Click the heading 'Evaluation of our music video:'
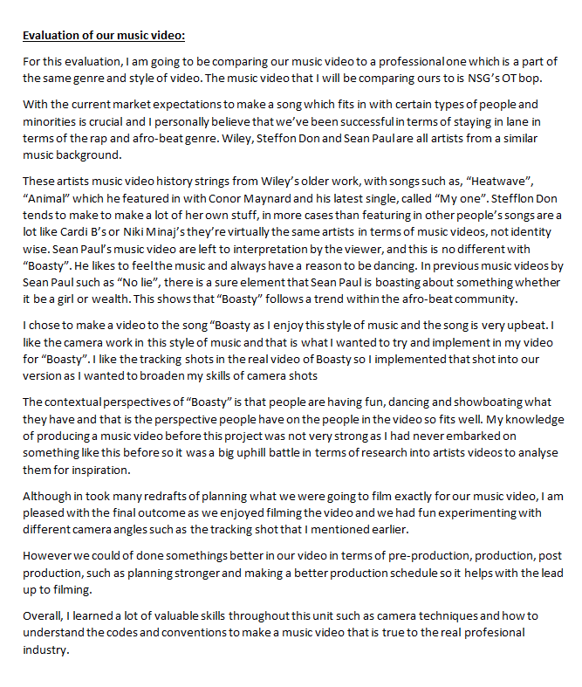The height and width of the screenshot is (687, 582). click(x=104, y=36)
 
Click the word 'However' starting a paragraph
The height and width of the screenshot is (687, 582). click(x=48, y=556)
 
